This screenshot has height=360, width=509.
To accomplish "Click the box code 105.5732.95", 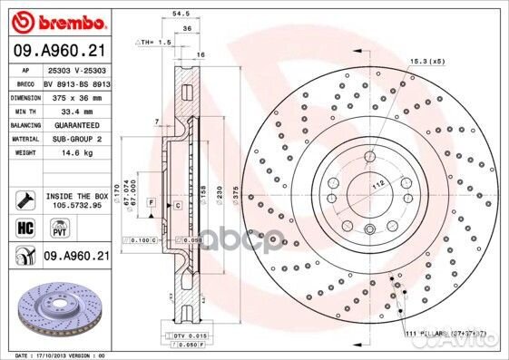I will [x=74, y=204].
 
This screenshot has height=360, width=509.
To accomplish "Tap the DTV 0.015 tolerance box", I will [x=184, y=337].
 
